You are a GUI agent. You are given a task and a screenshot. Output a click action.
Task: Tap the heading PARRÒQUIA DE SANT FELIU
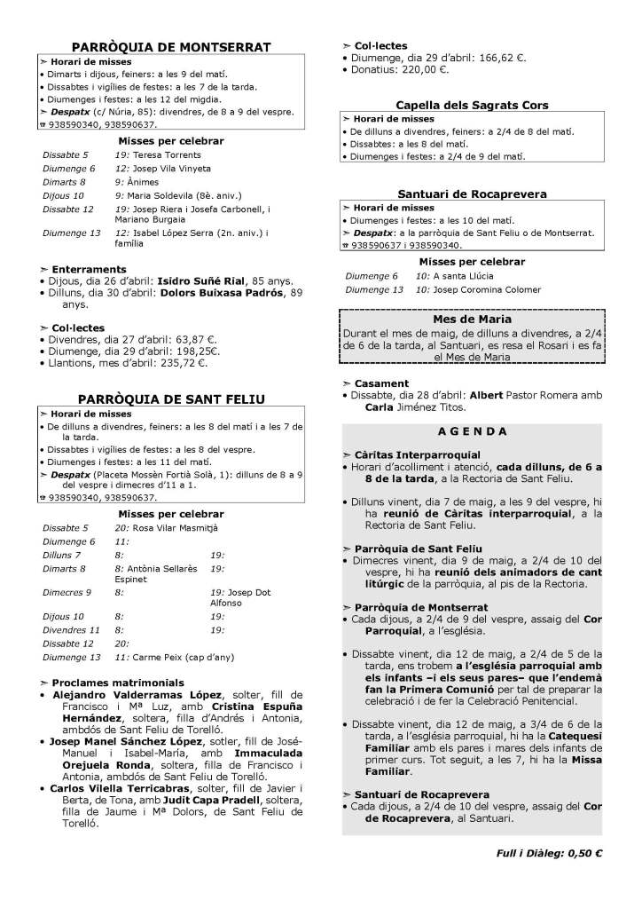tap(171, 399)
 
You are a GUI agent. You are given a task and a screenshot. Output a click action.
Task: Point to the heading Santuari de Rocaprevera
tap(472, 193)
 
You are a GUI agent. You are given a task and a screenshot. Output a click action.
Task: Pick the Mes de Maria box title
tap(472, 319)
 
